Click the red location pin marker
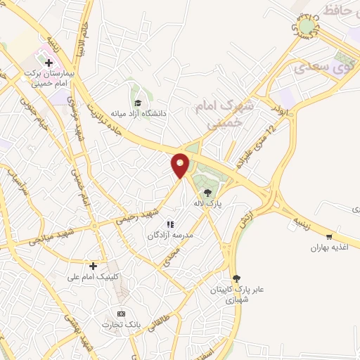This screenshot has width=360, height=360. click(181, 165)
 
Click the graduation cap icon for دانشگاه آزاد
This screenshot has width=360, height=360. click(136, 102)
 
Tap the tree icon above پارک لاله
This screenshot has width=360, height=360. click(208, 192)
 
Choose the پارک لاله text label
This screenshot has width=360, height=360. click(208, 204)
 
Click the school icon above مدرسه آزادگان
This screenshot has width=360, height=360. click(169, 224)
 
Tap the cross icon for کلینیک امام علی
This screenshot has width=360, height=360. click(93, 266)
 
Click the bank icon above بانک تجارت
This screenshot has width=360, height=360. click(121, 314)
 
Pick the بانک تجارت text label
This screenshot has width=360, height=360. click(117, 325)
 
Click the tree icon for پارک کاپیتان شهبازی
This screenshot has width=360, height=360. click(236, 278)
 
